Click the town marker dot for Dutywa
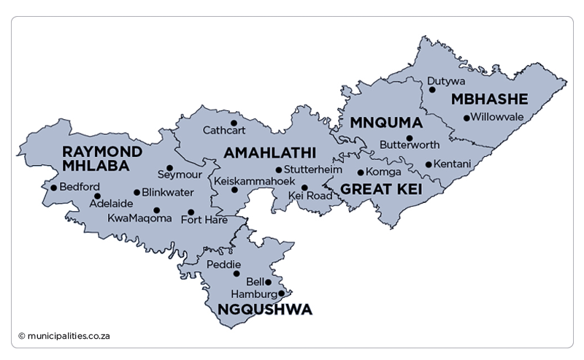(432, 90)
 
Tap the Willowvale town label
(498, 117)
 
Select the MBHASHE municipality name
(488, 99)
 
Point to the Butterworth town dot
(410, 138)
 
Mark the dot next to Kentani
(429, 164)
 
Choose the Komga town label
(384, 172)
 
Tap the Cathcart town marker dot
(234, 123)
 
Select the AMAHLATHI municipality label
(269, 153)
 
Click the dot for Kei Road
(304, 188)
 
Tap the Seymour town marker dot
(169, 167)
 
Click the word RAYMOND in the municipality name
(103, 150)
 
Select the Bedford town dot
(53, 188)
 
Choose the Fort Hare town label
(204, 220)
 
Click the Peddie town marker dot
(236, 274)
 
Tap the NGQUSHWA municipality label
(265, 310)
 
